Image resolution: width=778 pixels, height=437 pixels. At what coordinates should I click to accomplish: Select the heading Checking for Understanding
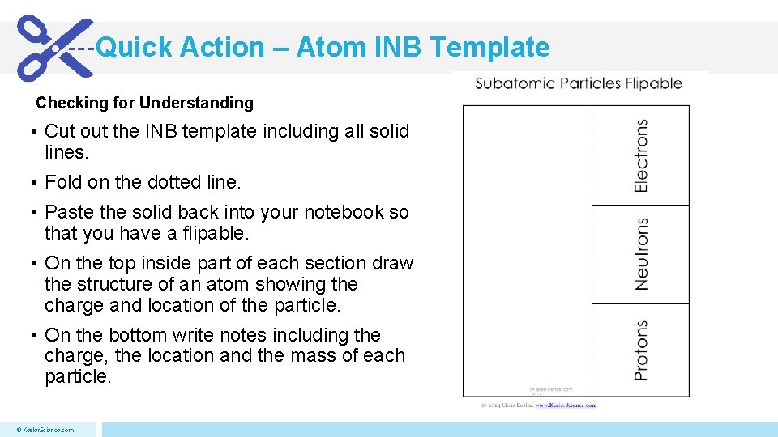[144, 103]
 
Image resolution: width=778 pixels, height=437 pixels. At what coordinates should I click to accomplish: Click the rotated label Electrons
[641, 155]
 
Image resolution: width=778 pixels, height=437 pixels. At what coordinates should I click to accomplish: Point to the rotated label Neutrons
[641, 254]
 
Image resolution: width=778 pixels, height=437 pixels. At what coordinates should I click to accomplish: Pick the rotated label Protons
[641, 350]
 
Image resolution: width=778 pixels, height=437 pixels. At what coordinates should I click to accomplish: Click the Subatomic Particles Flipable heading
[579, 83]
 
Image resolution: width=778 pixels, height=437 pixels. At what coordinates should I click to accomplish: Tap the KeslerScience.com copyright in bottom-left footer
[46, 430]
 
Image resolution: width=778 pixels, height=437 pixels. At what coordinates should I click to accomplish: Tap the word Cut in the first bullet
[60, 131]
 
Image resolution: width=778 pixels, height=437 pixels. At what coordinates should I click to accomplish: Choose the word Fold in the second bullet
[62, 183]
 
